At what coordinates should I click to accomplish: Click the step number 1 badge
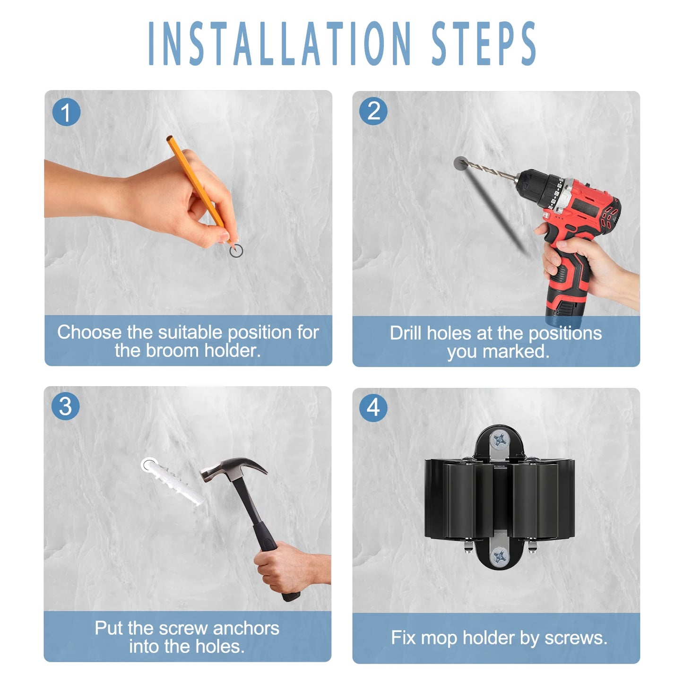click(66, 112)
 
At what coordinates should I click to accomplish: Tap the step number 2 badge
click(373, 112)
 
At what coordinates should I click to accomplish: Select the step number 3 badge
click(65, 406)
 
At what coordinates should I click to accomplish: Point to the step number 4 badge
click(373, 407)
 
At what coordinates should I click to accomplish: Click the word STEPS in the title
click(484, 43)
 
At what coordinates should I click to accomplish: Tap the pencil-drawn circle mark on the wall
click(236, 251)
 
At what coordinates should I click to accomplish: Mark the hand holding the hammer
click(288, 570)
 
